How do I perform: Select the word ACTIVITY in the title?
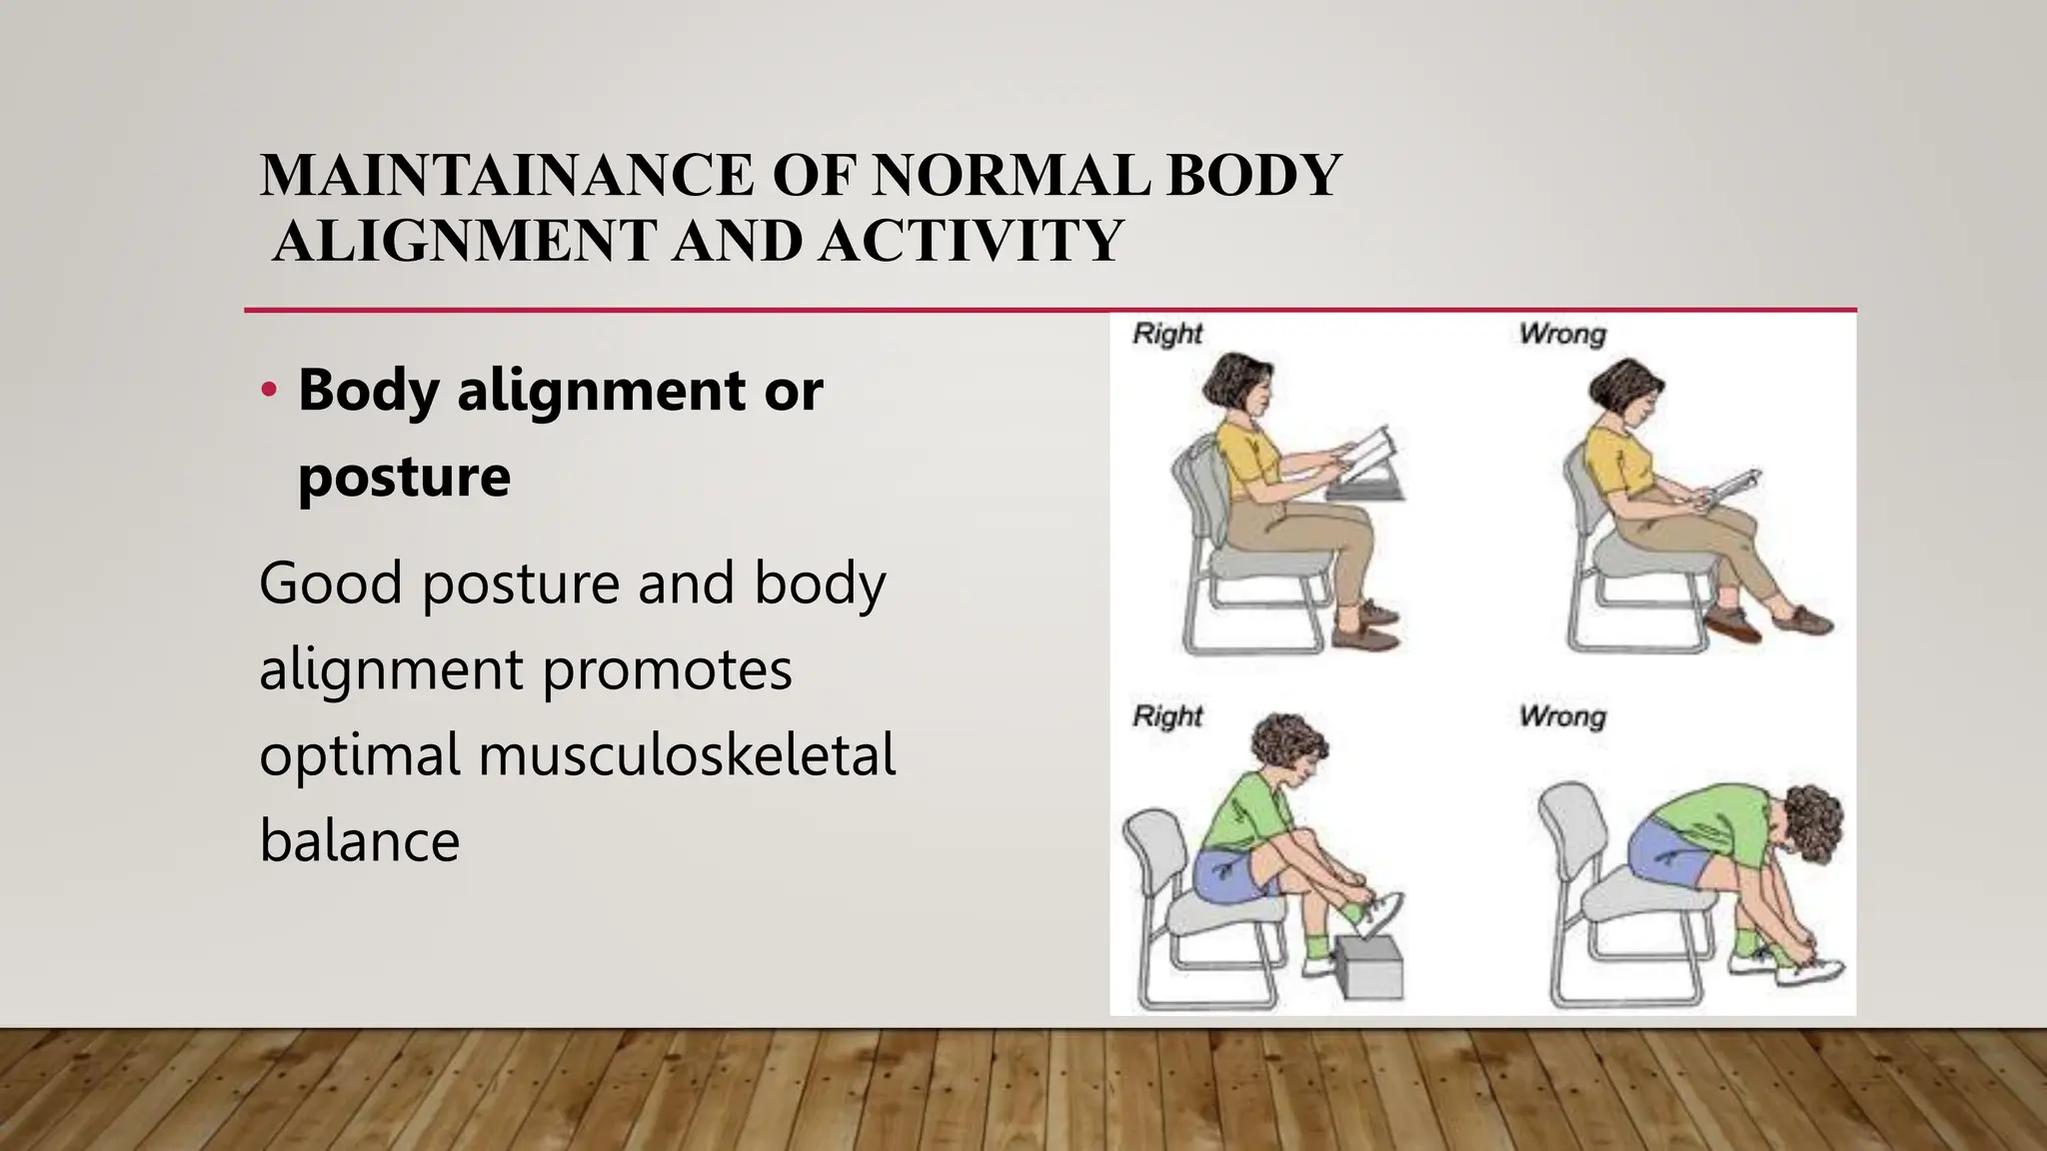click(971, 241)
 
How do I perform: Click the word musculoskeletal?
click(687, 754)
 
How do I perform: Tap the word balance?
click(359, 840)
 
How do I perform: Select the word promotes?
click(667, 668)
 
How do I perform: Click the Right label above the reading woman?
click(1166, 334)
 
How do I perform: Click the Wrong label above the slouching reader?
click(1562, 334)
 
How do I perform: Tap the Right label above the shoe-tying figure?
click(1166, 716)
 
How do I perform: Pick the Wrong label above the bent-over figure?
click(1562, 716)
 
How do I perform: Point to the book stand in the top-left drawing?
click(1364, 488)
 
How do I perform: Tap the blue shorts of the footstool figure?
click(1223, 875)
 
